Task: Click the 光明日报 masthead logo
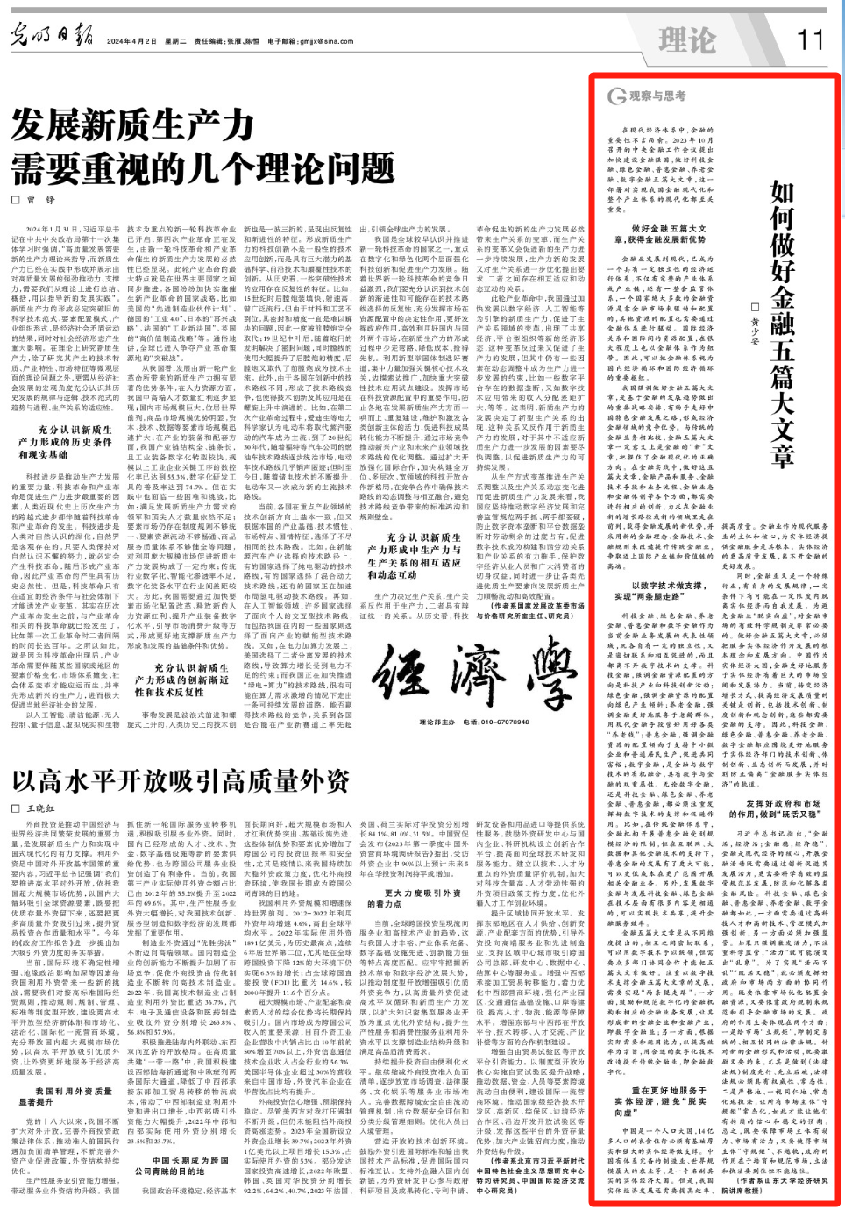point(52,37)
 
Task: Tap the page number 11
point(810,39)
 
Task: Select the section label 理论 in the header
point(687,40)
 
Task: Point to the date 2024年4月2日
point(131,41)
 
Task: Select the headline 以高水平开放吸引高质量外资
point(181,781)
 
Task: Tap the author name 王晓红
point(40,808)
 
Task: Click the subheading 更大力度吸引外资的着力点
point(422,898)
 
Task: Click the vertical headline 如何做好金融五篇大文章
point(781,324)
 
